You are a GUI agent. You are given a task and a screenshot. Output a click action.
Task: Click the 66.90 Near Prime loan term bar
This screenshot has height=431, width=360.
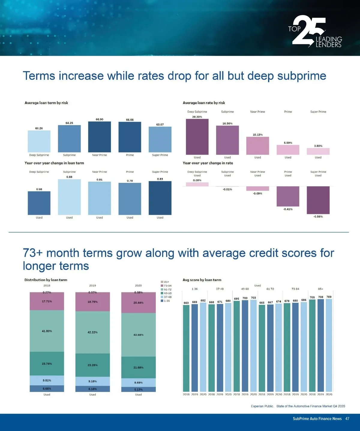pos(99,137)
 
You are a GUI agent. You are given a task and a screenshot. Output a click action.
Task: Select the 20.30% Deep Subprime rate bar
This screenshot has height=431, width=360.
pos(197,137)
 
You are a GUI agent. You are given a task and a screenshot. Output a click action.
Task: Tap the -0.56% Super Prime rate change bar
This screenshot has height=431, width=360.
pos(318,200)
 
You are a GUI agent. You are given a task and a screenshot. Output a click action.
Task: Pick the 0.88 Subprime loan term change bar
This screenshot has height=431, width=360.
pos(69,197)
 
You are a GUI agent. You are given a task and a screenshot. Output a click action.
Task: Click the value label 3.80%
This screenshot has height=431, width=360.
pos(318,146)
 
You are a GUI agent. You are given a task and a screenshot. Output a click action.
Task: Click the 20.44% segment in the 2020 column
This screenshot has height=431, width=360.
pos(138,303)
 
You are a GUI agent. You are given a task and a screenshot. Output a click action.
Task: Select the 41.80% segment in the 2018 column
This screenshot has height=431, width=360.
pos(47,331)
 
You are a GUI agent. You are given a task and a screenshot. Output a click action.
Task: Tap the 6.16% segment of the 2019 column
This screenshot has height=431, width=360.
pos(92,389)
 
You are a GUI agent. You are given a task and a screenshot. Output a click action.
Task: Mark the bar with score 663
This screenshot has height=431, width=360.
pos(186,348)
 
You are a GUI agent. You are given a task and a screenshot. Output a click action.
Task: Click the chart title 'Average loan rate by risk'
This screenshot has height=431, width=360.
pos(204,103)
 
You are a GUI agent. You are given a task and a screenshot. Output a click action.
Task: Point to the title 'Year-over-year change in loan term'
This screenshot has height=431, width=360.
pos(54,163)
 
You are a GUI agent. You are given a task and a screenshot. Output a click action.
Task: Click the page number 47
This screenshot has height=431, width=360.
pos(347,419)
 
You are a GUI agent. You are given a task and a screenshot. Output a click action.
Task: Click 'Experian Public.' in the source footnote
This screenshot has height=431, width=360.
pos(262,406)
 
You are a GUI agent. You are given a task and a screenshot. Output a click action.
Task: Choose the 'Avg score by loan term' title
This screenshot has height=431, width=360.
pos(202,280)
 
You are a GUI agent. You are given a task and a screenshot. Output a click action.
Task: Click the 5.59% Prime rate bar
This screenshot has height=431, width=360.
pos(288,150)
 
